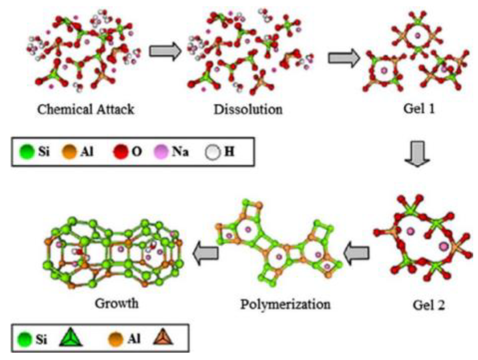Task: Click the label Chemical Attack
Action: (x=86, y=109)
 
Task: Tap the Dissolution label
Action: (x=248, y=109)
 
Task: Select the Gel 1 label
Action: (x=419, y=109)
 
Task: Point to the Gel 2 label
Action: (x=429, y=305)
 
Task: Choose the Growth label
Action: (x=117, y=303)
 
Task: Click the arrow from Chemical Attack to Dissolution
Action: (x=165, y=51)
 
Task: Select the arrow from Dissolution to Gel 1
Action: (x=344, y=58)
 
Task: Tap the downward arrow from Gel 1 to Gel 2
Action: (x=417, y=154)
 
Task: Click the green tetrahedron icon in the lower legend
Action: (x=71, y=338)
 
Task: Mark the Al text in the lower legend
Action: (x=134, y=338)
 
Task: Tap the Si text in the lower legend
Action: (x=41, y=339)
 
